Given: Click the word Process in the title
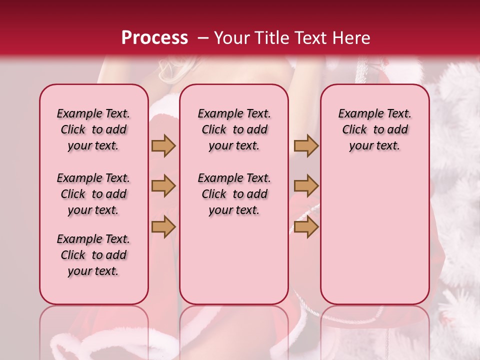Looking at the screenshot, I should (154, 38).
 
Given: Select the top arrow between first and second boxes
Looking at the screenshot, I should (163, 145).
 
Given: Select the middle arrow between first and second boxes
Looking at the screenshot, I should (163, 186).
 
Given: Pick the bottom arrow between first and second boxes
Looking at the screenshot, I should (163, 226).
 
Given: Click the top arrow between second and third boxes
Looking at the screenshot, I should (306, 145).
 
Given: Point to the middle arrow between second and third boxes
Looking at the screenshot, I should (306, 186).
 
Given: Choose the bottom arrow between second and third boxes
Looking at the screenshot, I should (306, 226).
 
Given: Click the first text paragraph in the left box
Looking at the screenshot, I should (93, 129).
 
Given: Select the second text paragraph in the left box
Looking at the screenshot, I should (93, 194).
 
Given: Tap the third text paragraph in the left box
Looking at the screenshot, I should (93, 255).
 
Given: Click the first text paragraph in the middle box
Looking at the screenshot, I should (234, 129).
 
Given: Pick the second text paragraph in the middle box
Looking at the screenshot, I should (234, 194).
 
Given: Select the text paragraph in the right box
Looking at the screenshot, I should (375, 129).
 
